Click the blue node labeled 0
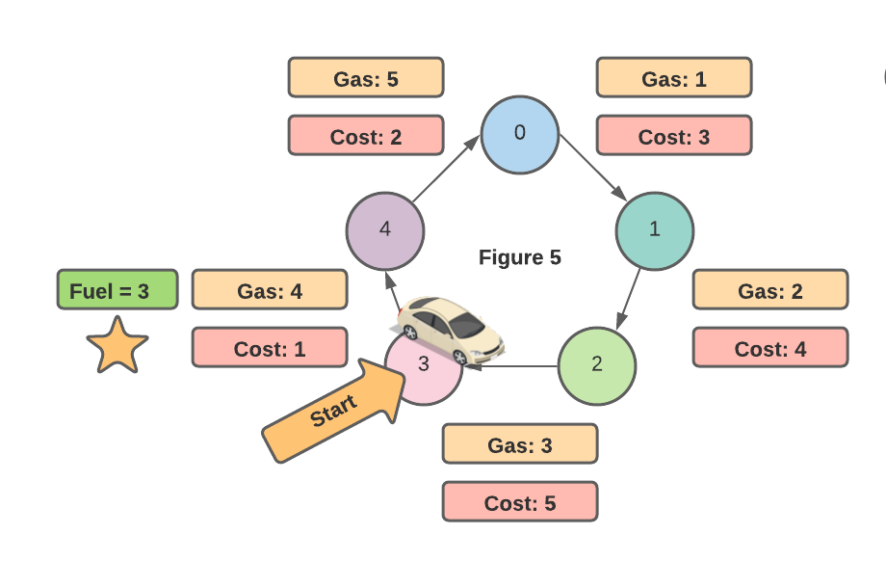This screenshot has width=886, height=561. tap(520, 135)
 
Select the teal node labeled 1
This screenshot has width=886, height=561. tap(655, 231)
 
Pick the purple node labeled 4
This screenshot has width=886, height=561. tap(385, 231)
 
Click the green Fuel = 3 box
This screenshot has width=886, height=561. tap(117, 289)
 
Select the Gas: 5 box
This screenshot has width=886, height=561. tap(366, 77)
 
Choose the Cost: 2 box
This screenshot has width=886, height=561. tap(366, 136)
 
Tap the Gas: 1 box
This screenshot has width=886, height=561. tap(674, 77)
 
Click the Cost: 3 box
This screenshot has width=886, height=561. tap(674, 136)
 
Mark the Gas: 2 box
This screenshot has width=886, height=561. tap(770, 289)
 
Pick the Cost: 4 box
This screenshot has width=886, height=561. tap(770, 348)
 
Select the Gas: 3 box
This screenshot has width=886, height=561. tap(520, 443)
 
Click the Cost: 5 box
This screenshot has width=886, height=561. tap(520, 502)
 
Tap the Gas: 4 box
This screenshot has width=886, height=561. tap(270, 289)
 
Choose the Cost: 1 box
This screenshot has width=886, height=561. tap(270, 348)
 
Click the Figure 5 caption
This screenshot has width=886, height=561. tap(520, 257)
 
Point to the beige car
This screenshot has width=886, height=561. tap(451, 329)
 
